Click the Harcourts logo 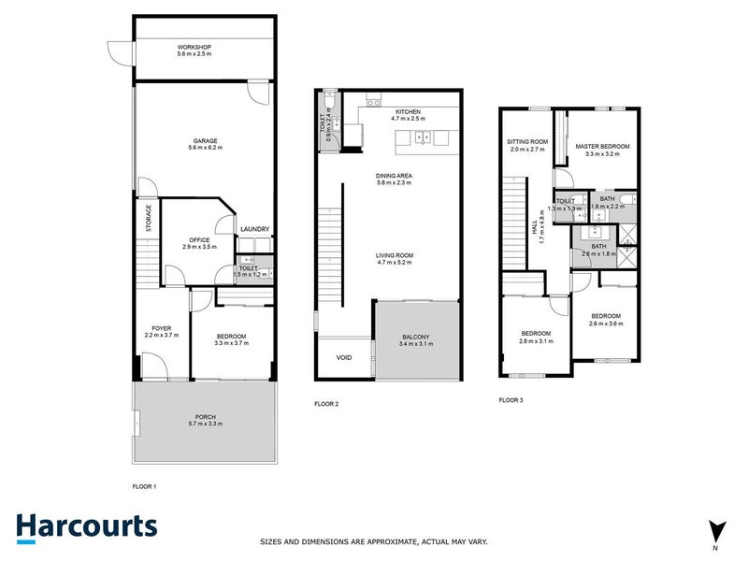point(86,526)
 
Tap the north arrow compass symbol point(715,530)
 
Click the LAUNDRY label point(254,229)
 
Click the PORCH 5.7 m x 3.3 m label point(205,421)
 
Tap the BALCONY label point(416,339)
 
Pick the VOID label point(343,356)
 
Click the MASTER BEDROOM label point(602,147)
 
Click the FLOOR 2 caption point(325,404)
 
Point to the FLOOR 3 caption point(511,399)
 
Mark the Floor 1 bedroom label point(231,338)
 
